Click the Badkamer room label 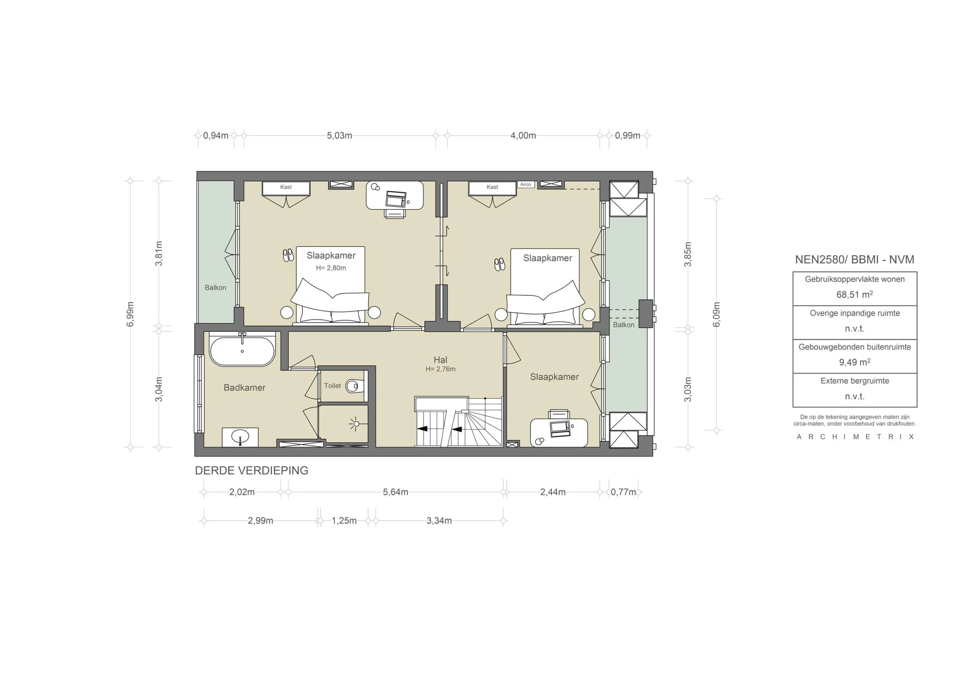[244, 388]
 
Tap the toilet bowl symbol [354, 385]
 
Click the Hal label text [440, 360]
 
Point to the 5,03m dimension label [339, 135]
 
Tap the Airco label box [525, 185]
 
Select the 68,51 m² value [854, 294]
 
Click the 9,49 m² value [854, 362]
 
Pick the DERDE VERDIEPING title [251, 471]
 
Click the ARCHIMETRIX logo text [855, 437]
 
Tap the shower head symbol [356, 424]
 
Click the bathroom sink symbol [240, 437]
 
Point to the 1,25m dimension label [344, 521]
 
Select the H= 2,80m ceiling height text [331, 268]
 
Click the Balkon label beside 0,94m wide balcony [215, 288]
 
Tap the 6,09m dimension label [717, 315]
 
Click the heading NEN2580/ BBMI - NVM [854, 259]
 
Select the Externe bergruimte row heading [854, 381]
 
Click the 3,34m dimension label [439, 521]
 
